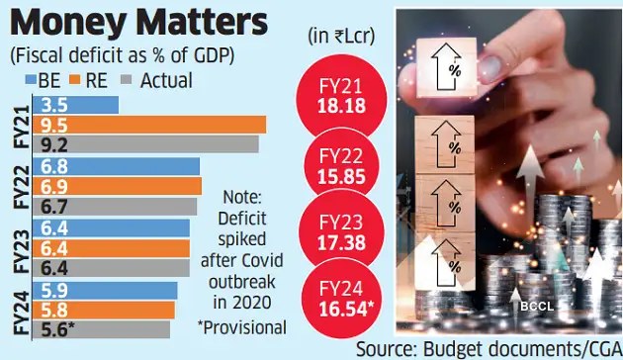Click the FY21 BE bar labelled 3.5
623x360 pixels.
[76, 104]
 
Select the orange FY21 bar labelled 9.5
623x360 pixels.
[149, 125]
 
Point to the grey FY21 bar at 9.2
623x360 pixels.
[146, 144]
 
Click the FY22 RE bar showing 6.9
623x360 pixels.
[117, 186]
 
